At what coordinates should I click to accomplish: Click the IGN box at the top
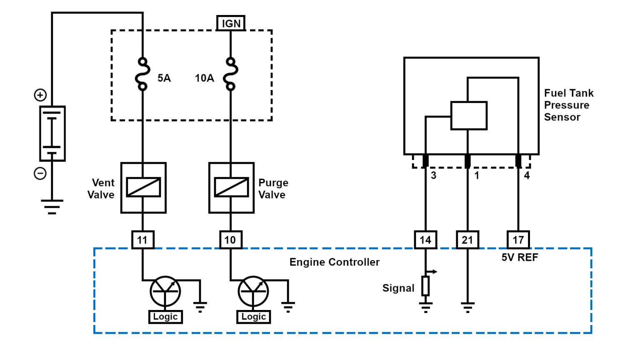click(x=231, y=23)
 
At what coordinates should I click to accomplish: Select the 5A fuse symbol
click(x=142, y=74)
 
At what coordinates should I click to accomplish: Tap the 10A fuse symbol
click(x=230, y=74)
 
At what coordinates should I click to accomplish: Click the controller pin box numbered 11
click(x=142, y=240)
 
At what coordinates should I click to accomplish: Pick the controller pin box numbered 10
click(x=230, y=240)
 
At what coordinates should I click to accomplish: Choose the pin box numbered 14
click(x=425, y=240)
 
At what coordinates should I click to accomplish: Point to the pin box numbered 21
click(x=467, y=240)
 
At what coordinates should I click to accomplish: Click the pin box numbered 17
click(x=518, y=240)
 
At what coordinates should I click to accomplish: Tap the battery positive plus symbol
click(x=40, y=95)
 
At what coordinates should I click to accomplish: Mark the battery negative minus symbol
click(x=40, y=173)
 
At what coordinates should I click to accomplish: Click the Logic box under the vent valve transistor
click(x=165, y=317)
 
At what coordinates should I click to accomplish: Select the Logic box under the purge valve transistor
click(x=253, y=317)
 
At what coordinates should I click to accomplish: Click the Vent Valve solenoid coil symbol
click(x=143, y=187)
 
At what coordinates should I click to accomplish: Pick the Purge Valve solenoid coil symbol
click(x=231, y=187)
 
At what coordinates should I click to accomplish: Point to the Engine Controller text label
click(x=334, y=262)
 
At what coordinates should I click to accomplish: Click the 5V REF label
click(x=520, y=257)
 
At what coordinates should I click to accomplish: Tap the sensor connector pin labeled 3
click(x=425, y=161)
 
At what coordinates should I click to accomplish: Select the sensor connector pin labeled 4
click(x=518, y=161)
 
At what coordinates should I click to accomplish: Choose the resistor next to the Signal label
click(x=425, y=286)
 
